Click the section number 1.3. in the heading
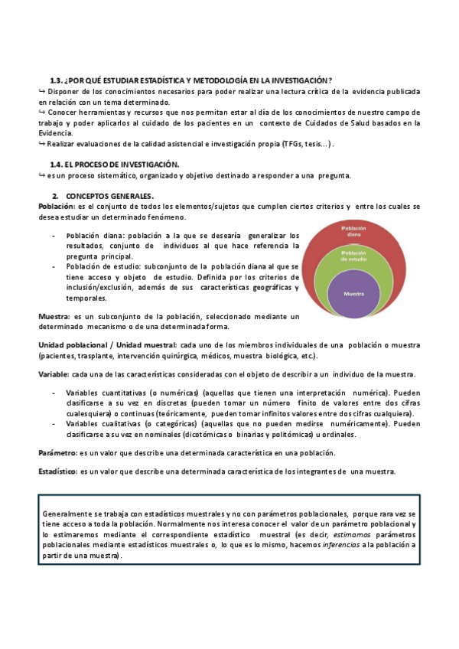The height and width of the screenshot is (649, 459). point(56,80)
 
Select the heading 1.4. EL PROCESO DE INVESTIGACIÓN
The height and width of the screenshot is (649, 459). point(114,165)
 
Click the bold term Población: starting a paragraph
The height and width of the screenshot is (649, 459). point(56,207)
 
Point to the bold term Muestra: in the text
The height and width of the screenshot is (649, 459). point(54,316)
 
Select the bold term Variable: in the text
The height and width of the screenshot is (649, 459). point(54,374)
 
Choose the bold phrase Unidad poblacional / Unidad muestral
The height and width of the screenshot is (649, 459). point(107,345)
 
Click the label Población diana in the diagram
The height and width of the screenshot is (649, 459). point(353,231)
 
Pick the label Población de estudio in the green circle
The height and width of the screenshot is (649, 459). point(353,256)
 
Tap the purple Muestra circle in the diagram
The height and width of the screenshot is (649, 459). point(353,294)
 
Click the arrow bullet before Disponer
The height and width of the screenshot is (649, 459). point(42,91)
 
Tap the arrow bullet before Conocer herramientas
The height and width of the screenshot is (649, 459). point(42,112)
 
